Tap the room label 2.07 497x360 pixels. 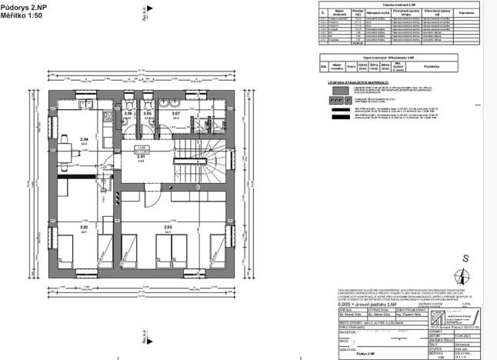point(175,114)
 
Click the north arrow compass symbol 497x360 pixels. point(463,276)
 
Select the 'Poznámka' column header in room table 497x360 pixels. point(466,12)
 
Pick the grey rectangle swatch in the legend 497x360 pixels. point(335,90)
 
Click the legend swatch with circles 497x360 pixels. point(335,101)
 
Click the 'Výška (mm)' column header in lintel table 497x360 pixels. point(361,67)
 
